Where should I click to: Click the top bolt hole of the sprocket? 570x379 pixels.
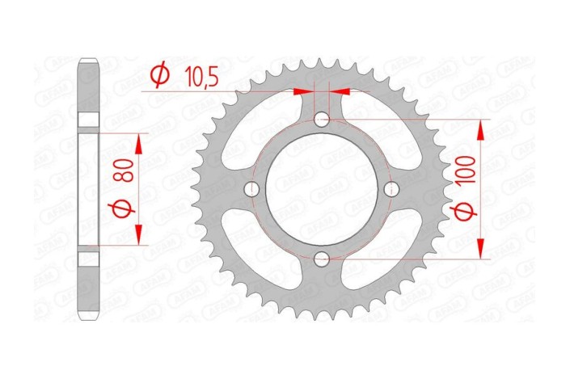click(x=323, y=120)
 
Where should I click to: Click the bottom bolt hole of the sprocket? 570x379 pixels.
click(x=323, y=259)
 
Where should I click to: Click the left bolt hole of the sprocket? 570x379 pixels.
click(x=253, y=190)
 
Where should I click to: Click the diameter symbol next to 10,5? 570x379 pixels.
click(x=160, y=75)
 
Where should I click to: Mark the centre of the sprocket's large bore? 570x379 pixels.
click(x=323, y=190)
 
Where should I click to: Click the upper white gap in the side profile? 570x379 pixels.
click(x=89, y=119)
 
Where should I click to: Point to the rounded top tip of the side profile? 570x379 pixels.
click(x=89, y=61)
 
